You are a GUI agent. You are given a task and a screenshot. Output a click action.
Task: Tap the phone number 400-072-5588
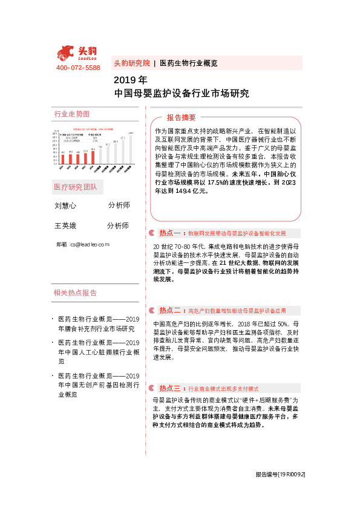pos(78,68)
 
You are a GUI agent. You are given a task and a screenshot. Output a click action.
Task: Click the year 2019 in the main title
pos(125,80)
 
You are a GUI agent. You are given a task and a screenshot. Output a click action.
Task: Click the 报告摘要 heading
pos(182,117)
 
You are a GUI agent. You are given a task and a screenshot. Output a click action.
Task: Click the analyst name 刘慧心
pos(65,206)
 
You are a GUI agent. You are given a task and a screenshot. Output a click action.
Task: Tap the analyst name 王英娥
pos(65,225)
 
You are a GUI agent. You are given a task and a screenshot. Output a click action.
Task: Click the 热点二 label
pos(170,310)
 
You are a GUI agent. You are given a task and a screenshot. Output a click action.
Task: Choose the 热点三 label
pos(170,388)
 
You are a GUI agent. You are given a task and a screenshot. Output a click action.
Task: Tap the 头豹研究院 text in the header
pos(131,63)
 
